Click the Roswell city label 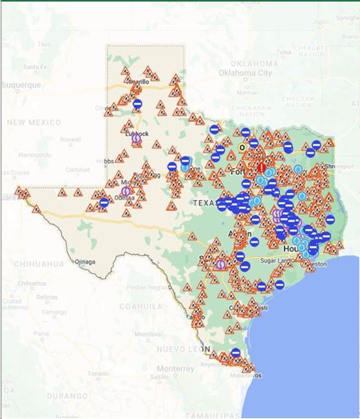(x=70, y=140)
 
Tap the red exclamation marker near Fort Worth (x=261, y=167)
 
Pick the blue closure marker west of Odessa (x=104, y=202)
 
